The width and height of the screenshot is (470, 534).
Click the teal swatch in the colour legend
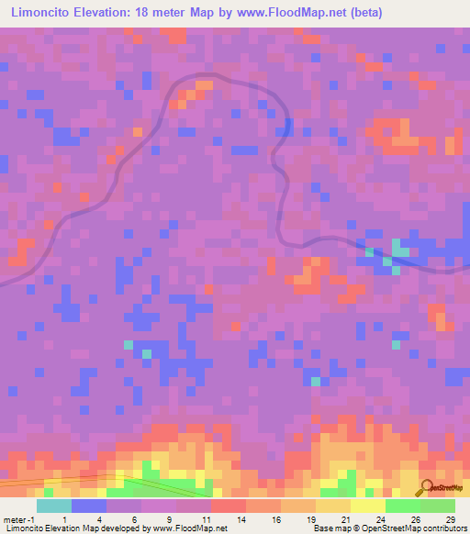pos(53,506)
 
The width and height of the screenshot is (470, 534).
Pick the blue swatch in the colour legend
pos(88,506)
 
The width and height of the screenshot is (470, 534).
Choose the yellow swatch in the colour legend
pos(367,506)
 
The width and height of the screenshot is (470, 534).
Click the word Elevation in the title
pos(109,13)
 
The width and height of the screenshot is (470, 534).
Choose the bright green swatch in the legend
pos(402,506)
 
